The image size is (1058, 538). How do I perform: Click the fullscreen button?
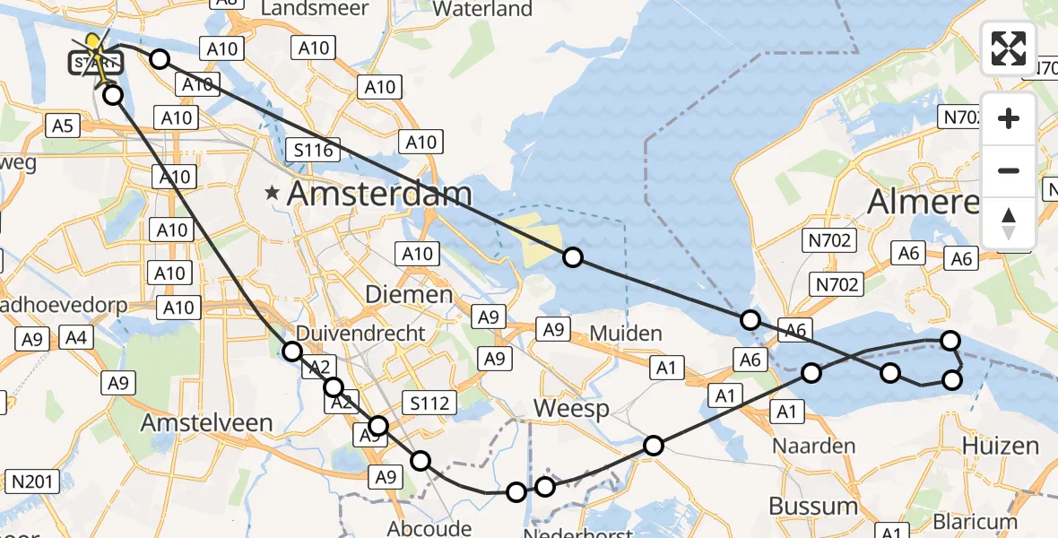click(x=1009, y=48)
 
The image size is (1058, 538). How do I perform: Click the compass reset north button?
click(x=1009, y=223)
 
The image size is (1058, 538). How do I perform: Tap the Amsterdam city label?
click(x=379, y=195)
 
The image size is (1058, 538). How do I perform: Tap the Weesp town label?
click(x=571, y=409)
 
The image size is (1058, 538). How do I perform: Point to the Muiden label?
click(x=625, y=334)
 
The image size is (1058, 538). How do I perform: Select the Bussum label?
click(x=813, y=506)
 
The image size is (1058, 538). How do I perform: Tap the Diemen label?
click(x=409, y=294)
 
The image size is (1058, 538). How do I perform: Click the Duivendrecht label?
click(x=373, y=333)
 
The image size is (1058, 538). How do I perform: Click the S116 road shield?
click(x=314, y=150)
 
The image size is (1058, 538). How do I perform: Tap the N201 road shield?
click(x=28, y=482)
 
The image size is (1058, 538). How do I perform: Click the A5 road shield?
click(x=62, y=126)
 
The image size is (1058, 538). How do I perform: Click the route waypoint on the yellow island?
click(x=573, y=258)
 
